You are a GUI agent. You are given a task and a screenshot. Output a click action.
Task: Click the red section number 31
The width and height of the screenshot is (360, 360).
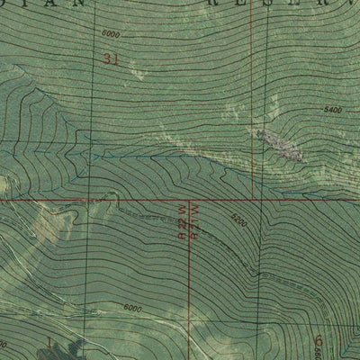point(112,60)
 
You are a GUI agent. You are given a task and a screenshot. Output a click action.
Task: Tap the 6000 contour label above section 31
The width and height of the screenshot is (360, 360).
point(110,34)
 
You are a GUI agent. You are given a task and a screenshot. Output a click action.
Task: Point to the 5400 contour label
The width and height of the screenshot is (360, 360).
point(333,110)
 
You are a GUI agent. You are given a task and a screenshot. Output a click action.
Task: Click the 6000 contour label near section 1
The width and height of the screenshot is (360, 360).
point(133,308)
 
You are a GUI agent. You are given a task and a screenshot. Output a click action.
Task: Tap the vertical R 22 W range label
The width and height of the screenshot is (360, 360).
point(183,219)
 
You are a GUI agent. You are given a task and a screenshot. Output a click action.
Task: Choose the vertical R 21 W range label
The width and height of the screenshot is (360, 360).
point(193,219)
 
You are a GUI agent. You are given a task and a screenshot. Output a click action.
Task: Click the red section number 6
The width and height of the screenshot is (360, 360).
point(319,340)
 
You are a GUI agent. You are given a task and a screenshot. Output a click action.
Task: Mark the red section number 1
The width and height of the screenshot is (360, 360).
point(49,341)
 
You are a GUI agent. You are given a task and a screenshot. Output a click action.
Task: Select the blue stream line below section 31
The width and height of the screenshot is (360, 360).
point(144,155)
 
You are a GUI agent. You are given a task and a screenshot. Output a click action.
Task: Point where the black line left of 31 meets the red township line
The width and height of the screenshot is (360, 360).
point(87,199)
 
